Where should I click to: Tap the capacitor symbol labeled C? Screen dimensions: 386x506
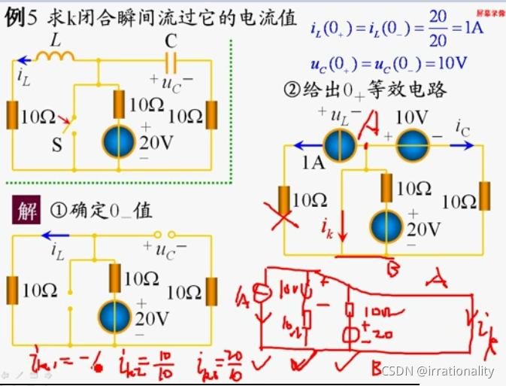tap(171, 60)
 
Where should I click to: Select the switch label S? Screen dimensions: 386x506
tap(56, 144)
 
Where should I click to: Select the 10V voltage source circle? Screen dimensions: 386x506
tap(411, 145)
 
